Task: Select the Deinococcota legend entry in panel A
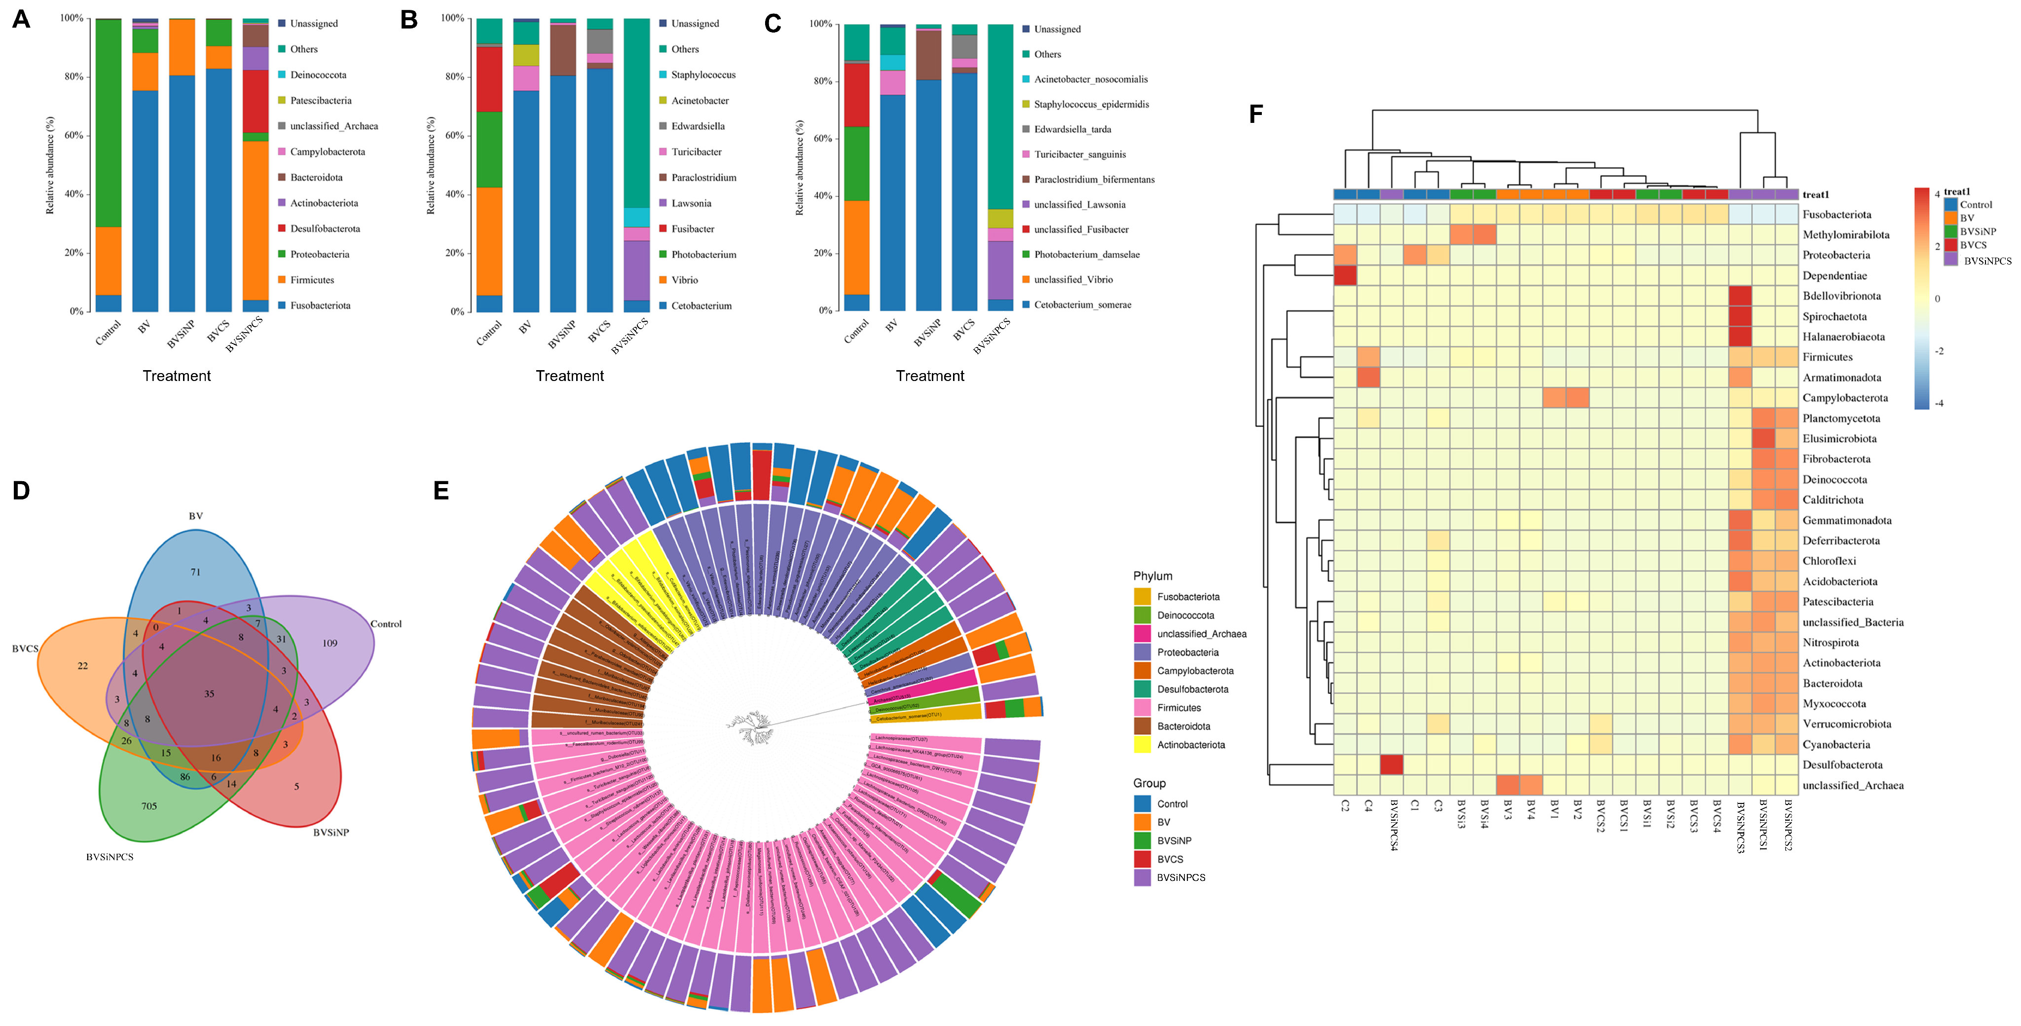tap(318, 75)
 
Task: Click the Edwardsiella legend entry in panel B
tap(698, 126)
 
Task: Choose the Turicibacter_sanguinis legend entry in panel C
tap(1079, 154)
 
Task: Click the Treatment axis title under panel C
tap(930, 376)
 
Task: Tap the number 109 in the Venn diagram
tap(330, 643)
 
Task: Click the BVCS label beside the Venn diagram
tap(25, 648)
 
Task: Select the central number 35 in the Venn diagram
tap(209, 694)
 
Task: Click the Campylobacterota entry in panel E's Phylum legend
tap(1195, 670)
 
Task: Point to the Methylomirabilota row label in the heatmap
tap(1845, 235)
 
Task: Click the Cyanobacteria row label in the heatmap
tap(1836, 744)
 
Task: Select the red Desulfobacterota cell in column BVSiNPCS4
tap(1392, 764)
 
